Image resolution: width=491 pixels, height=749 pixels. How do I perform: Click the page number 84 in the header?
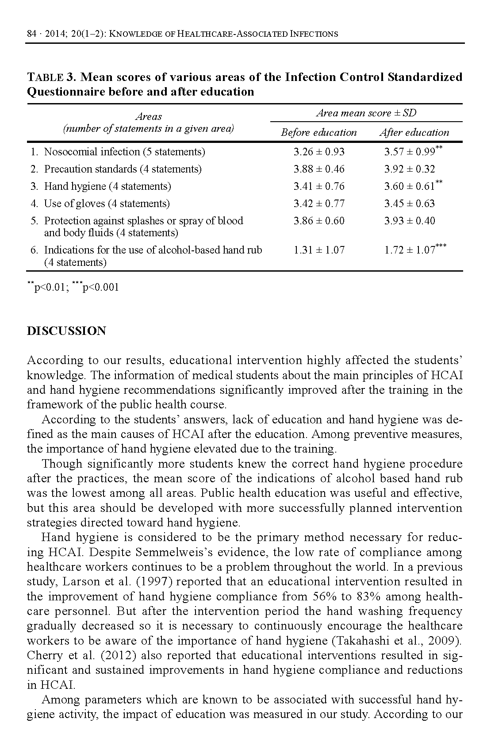click(31, 34)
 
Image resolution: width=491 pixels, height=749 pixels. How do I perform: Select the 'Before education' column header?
click(318, 132)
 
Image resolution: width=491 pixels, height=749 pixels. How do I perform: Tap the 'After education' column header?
click(414, 132)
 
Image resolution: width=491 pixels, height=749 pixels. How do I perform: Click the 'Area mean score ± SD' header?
click(366, 113)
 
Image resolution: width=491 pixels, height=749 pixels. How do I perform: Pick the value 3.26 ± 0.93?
click(318, 152)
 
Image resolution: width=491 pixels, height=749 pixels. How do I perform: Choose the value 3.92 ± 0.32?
click(409, 169)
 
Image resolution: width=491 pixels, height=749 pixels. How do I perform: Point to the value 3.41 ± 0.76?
click(318, 186)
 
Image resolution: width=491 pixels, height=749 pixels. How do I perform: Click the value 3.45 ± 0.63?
click(409, 204)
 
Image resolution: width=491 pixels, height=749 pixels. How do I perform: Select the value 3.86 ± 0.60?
click(318, 221)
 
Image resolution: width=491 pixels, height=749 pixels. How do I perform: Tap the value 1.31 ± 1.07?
click(318, 250)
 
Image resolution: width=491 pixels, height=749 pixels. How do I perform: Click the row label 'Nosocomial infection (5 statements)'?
click(124, 152)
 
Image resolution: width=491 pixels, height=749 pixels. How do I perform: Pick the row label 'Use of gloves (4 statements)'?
click(107, 204)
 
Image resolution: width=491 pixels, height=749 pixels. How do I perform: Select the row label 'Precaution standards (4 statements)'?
click(123, 169)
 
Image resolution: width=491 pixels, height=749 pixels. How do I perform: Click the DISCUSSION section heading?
click(66, 331)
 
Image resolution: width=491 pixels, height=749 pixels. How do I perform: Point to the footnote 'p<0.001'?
click(101, 288)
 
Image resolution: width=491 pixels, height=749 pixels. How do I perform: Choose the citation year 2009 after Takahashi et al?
click(444, 641)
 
